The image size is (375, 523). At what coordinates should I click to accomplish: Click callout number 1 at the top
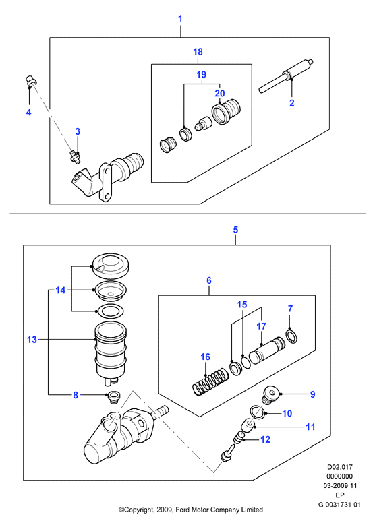pos(180,18)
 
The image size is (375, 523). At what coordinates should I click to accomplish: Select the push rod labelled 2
pos(286,76)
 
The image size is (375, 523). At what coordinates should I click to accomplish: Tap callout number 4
pos(29,112)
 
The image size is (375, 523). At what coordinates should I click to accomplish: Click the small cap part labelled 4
pos(31,81)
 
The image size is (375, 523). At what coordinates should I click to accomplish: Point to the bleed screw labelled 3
pos(75,157)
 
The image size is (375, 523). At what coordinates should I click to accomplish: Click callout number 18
pos(198,52)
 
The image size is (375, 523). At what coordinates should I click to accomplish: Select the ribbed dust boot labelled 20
pos(226,111)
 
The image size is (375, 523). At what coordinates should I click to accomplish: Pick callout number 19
pos(202,75)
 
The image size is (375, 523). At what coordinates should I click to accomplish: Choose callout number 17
pos(261,326)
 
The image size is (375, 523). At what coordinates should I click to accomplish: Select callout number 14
pos(61,290)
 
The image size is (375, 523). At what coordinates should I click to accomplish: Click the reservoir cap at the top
pos(111,265)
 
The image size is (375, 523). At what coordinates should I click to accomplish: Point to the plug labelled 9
pos(270,394)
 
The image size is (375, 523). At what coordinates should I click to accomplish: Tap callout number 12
pos(265,439)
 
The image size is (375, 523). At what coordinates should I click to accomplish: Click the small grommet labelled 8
pos(113,396)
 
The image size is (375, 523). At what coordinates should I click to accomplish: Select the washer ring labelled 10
pos(258,411)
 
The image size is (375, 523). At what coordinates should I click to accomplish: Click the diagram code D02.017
pos(340,467)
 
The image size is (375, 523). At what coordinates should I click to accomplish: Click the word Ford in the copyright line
pos(182,510)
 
